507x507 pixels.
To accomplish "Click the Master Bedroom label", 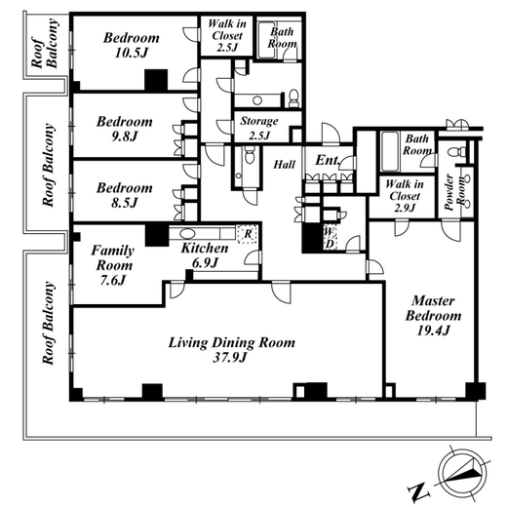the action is [433, 316].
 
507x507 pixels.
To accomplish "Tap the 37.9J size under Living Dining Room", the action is [230, 358].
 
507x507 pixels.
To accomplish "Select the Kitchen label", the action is [205, 249].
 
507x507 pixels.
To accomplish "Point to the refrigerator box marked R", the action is [248, 234].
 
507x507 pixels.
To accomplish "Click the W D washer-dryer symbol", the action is [330, 238].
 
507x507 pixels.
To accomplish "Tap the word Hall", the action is [285, 165].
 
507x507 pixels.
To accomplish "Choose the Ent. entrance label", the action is [328, 160].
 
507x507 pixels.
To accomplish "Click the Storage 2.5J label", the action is [259, 128].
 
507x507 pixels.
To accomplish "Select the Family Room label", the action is [112, 265].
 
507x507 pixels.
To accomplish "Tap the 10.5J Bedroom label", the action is [132, 45].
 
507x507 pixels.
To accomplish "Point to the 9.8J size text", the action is [125, 136].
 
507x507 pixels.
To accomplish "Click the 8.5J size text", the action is [125, 203].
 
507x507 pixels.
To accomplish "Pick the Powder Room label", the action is [454, 192].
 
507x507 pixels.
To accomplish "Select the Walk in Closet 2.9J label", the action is [405, 196].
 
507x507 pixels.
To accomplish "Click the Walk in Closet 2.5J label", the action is [227, 35].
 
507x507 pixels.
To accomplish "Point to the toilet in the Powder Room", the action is [454, 152].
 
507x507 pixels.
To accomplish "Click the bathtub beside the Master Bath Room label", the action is [390, 151].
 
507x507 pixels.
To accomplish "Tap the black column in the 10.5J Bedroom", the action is [156, 80].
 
